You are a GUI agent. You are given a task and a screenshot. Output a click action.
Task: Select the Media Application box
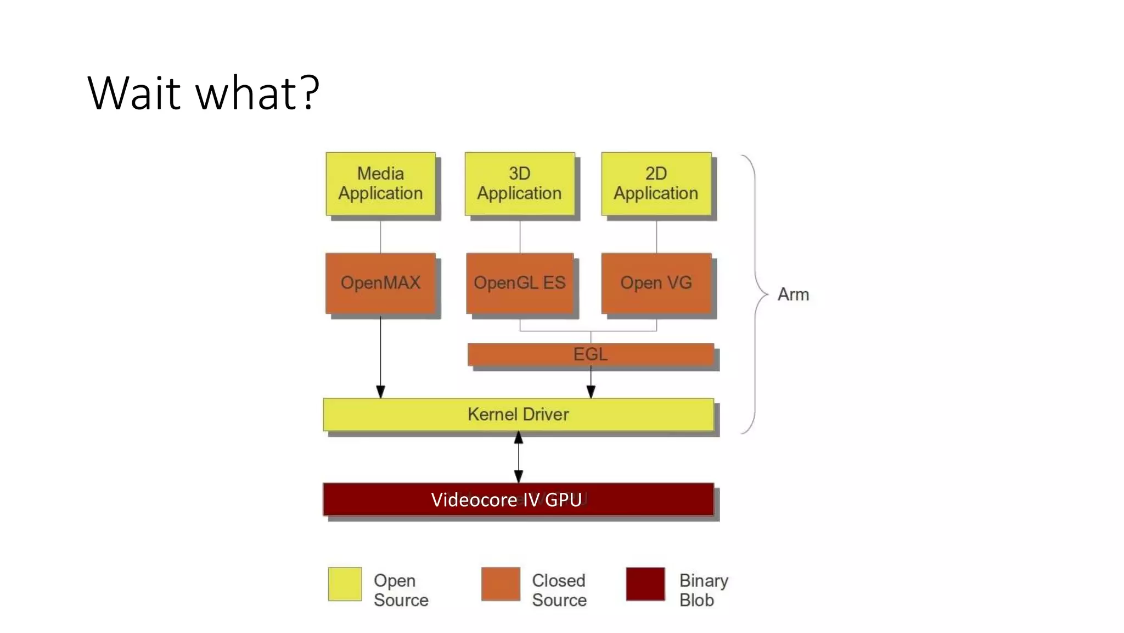380,184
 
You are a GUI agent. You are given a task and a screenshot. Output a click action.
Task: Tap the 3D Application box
519,184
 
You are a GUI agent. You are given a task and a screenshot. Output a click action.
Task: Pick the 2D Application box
656,184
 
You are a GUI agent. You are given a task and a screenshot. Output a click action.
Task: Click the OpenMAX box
380,283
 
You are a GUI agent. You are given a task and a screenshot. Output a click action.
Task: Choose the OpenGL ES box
519,283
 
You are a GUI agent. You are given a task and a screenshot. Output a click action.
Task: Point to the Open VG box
656,283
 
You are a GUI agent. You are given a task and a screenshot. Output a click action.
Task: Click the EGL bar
590,354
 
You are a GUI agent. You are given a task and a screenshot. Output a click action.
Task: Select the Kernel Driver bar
518,414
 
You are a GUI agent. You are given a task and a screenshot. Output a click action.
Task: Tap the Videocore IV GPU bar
518,499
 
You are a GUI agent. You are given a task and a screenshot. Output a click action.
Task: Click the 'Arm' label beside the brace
793,295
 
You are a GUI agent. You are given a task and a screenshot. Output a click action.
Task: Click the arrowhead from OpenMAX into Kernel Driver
380,392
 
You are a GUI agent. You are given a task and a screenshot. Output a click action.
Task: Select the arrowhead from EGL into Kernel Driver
591,392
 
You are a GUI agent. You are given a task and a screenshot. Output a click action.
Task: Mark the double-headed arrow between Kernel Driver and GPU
518,457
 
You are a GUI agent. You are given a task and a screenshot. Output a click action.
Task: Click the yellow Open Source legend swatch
345,584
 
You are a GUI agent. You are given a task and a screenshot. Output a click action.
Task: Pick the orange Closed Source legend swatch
501,584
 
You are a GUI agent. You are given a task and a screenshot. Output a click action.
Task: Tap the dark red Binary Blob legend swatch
645,584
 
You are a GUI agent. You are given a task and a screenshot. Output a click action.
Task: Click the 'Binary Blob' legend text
703,590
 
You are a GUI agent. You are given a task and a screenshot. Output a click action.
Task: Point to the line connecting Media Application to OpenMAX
380,236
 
